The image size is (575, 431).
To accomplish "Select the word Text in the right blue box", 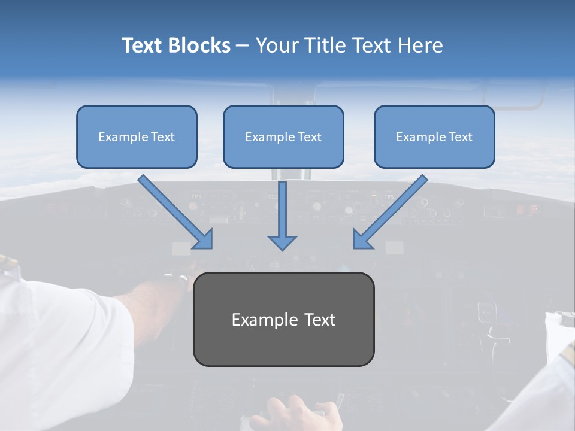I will click(x=461, y=137).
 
